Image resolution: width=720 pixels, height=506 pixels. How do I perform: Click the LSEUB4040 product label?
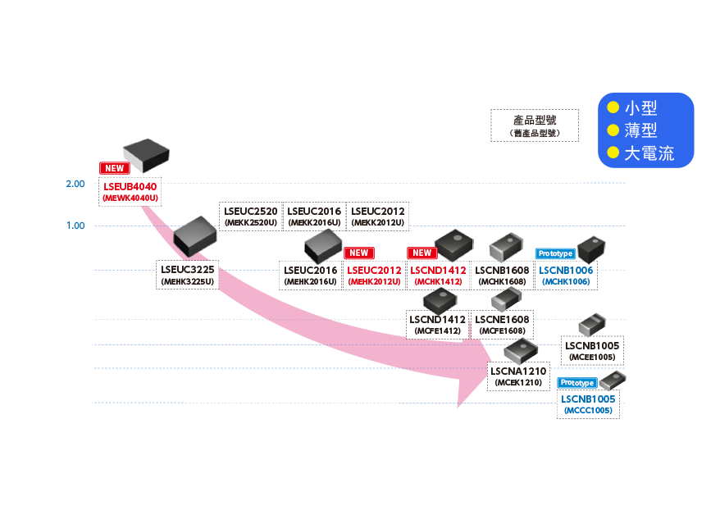(x=130, y=186)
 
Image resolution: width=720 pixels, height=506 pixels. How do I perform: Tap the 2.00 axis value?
(x=75, y=183)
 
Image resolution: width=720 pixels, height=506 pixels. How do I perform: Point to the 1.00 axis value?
(x=75, y=226)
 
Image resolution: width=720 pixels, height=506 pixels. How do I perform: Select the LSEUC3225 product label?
(x=187, y=269)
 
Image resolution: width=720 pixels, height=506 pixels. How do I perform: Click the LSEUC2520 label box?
(x=250, y=217)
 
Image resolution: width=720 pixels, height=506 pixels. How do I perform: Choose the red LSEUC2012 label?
(x=374, y=270)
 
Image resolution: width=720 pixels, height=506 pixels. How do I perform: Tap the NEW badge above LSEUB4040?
(x=114, y=168)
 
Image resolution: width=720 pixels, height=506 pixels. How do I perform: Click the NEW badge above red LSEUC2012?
(x=358, y=253)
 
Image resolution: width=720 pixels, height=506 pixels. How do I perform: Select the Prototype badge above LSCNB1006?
(x=554, y=253)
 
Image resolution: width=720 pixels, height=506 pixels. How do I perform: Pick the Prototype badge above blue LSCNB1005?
(x=576, y=383)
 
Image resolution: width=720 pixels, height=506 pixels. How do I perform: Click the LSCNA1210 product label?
(x=517, y=372)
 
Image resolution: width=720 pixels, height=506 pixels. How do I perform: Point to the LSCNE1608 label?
(x=502, y=319)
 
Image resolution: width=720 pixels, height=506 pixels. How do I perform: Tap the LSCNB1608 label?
(x=502, y=270)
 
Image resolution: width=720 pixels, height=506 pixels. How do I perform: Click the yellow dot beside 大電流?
(x=612, y=153)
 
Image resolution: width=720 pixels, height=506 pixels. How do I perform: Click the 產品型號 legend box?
(x=534, y=125)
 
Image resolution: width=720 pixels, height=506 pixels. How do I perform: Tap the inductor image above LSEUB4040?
(x=144, y=153)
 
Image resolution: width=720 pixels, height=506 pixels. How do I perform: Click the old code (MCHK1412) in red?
(x=438, y=282)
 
